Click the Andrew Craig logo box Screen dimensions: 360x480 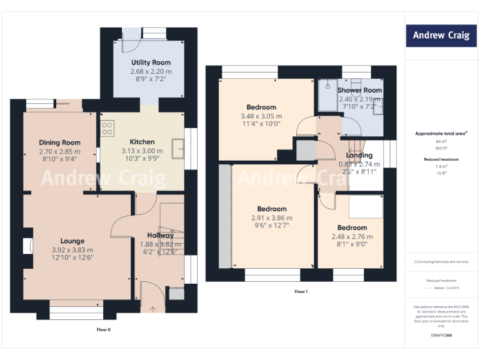point(442,36)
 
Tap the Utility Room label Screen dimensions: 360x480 point(151,62)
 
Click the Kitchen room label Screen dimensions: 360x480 point(142,142)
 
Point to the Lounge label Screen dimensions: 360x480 point(72,241)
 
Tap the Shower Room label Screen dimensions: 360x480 point(359,90)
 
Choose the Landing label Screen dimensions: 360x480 point(359,155)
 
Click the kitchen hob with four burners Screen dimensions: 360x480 point(107,128)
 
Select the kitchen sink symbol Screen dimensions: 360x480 point(179,149)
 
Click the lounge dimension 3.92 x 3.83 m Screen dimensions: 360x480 point(72,250)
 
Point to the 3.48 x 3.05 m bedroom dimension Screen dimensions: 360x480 point(261,116)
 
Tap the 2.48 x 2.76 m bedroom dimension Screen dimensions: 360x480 point(352,237)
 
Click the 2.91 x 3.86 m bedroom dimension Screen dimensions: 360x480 point(272,217)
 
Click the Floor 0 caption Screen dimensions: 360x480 point(103,329)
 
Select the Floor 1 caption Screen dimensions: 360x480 point(302,292)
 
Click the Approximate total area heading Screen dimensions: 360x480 point(441,134)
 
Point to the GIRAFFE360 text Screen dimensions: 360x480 point(441,336)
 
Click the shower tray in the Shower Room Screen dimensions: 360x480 point(326,96)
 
